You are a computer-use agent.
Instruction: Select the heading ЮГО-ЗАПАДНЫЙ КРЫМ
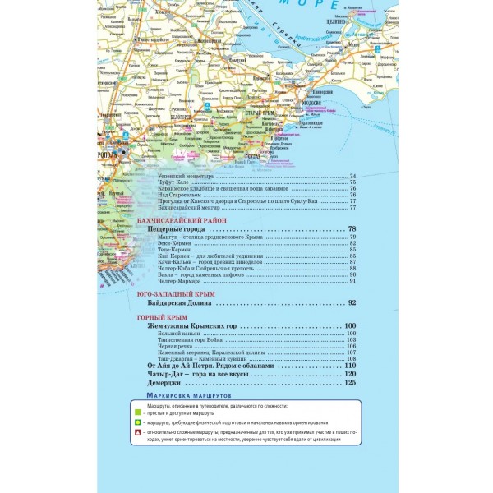click(176, 294)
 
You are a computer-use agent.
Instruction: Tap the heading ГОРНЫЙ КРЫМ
click(162, 317)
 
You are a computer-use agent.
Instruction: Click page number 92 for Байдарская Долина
click(352, 303)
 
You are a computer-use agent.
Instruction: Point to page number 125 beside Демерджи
click(349, 382)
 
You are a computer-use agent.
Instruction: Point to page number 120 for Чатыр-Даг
click(349, 374)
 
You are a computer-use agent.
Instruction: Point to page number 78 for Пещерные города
click(352, 229)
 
